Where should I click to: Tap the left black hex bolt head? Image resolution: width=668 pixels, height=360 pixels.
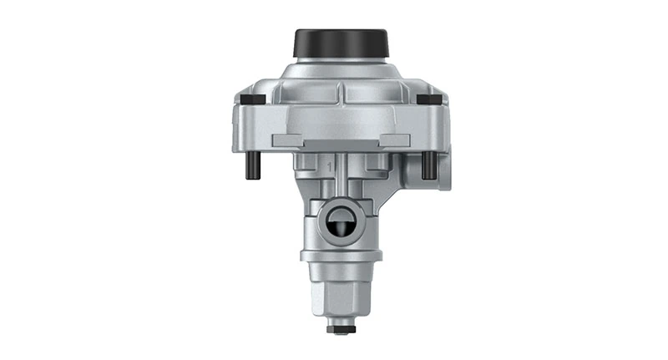pyautogui.click(x=251, y=99)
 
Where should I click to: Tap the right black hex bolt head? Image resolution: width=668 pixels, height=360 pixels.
pyautogui.click(x=429, y=99)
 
